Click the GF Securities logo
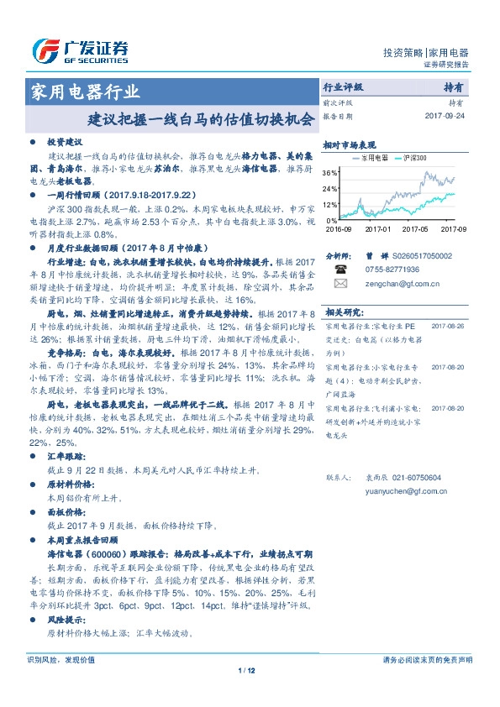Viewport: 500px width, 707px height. pyautogui.click(x=79, y=50)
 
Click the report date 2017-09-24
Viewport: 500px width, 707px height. pyautogui.click(x=445, y=117)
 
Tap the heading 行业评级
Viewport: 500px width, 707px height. pyautogui.click(x=343, y=87)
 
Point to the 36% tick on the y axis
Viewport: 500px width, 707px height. pyautogui.click(x=330, y=173)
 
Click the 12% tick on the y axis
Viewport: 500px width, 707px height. pyautogui.click(x=330, y=204)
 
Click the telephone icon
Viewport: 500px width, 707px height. pyautogui.click(x=341, y=269)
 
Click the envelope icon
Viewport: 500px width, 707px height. pyautogui.click(x=341, y=284)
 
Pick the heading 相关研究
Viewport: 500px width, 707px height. pyautogui.click(x=343, y=311)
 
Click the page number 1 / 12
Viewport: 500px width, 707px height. pyautogui.click(x=250, y=669)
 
